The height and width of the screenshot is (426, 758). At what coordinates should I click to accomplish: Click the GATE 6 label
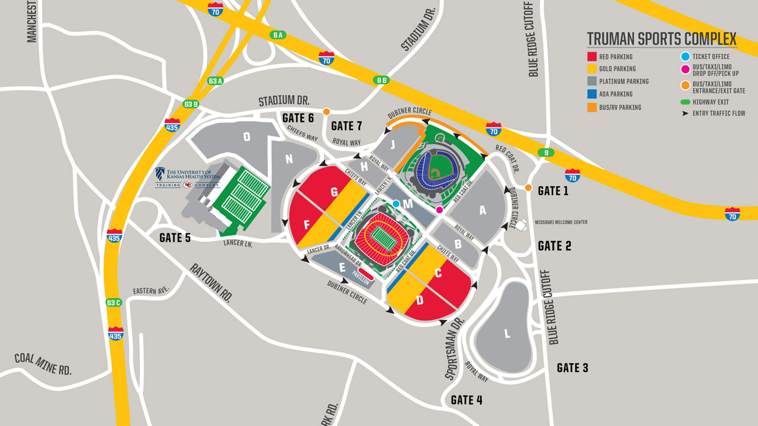[298, 118]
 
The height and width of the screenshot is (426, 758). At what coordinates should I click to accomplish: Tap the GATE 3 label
[572, 368]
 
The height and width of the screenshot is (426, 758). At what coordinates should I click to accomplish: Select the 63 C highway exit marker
[114, 303]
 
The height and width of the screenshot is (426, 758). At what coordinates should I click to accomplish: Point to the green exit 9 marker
[546, 153]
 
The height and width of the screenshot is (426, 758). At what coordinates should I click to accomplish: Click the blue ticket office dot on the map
[396, 204]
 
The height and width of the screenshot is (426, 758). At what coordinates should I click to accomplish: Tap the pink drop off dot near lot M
[439, 210]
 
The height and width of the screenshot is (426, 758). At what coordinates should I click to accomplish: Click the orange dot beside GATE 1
[528, 188]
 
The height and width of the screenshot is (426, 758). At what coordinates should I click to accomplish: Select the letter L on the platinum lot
[507, 334]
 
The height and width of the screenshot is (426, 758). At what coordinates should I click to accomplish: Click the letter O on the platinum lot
[247, 137]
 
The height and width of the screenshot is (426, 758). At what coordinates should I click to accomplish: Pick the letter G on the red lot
[334, 192]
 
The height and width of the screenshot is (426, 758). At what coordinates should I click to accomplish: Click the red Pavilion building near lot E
[366, 273]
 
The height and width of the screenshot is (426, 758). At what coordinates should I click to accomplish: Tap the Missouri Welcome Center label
[561, 222]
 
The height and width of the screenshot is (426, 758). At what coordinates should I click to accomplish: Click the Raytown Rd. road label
[211, 283]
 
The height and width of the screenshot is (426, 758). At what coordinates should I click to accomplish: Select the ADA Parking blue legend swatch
[592, 94]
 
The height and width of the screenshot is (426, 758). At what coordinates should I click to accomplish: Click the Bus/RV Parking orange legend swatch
[592, 107]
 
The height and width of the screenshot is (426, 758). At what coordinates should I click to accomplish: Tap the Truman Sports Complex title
[662, 39]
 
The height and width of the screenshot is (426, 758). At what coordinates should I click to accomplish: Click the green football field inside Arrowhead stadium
[383, 239]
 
